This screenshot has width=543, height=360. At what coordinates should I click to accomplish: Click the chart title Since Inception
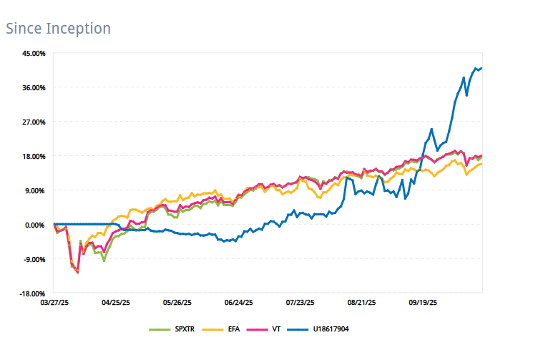click(x=58, y=29)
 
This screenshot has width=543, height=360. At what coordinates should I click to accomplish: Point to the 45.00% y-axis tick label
click(x=34, y=54)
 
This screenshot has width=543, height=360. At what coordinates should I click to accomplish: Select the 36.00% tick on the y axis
click(x=34, y=87)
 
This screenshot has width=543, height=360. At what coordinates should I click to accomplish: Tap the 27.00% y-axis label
click(x=34, y=122)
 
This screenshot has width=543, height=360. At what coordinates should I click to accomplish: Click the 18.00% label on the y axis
click(x=34, y=156)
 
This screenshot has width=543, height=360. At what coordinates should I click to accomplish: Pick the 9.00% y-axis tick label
click(x=35, y=190)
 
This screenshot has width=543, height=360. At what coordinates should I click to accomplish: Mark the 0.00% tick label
click(x=35, y=225)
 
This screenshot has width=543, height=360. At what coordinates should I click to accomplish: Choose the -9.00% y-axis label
click(x=34, y=259)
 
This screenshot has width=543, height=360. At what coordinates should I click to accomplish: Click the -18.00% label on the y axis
click(x=33, y=294)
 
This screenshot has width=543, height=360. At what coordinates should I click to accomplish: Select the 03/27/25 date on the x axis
click(x=54, y=303)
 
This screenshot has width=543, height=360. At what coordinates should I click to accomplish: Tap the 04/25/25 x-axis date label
click(x=116, y=303)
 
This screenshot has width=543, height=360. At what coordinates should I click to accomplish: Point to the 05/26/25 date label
click(x=177, y=303)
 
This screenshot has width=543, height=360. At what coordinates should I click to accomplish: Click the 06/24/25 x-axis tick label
click(x=239, y=303)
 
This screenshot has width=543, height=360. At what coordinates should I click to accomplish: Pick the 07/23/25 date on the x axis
click(x=300, y=303)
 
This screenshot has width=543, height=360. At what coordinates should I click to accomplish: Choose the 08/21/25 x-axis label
click(x=361, y=303)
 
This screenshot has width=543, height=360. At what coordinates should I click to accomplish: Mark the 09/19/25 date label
click(x=423, y=303)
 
